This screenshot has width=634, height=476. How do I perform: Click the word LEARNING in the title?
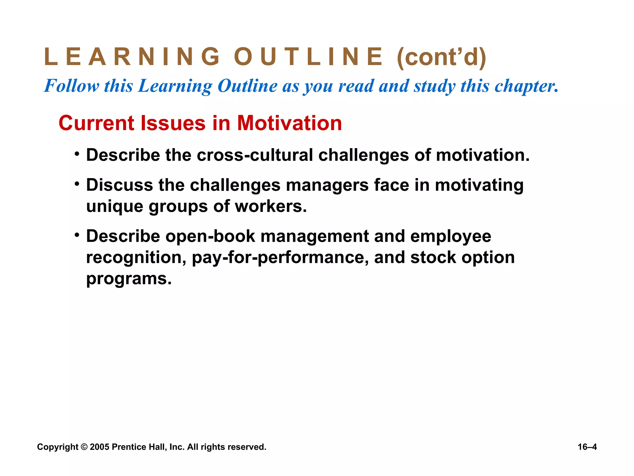132,57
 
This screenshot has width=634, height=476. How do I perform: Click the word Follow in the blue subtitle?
72,86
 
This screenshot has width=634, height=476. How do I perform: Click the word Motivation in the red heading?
289,123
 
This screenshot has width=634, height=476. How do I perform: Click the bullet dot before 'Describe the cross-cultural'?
77,153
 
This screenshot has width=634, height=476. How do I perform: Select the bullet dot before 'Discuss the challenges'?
77,183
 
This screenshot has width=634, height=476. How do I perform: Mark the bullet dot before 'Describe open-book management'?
77,234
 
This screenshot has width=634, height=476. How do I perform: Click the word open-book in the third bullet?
210,236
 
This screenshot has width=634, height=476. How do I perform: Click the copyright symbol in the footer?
84,447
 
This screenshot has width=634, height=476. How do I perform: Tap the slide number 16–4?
587,447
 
